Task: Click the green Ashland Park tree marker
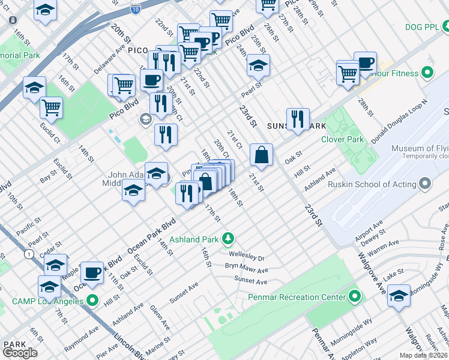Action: click(x=228, y=239)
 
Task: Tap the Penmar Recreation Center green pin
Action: click(x=354, y=296)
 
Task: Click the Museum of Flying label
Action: click(x=420, y=149)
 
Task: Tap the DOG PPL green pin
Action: click(x=445, y=26)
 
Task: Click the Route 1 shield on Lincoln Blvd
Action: click(x=28, y=254)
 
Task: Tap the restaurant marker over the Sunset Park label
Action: click(x=298, y=119)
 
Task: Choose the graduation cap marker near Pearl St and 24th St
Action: click(x=258, y=67)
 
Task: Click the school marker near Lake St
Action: click(x=399, y=296)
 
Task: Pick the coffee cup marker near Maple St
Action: click(x=92, y=273)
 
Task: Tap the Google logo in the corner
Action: click(x=20, y=353)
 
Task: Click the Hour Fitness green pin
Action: click(x=427, y=73)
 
